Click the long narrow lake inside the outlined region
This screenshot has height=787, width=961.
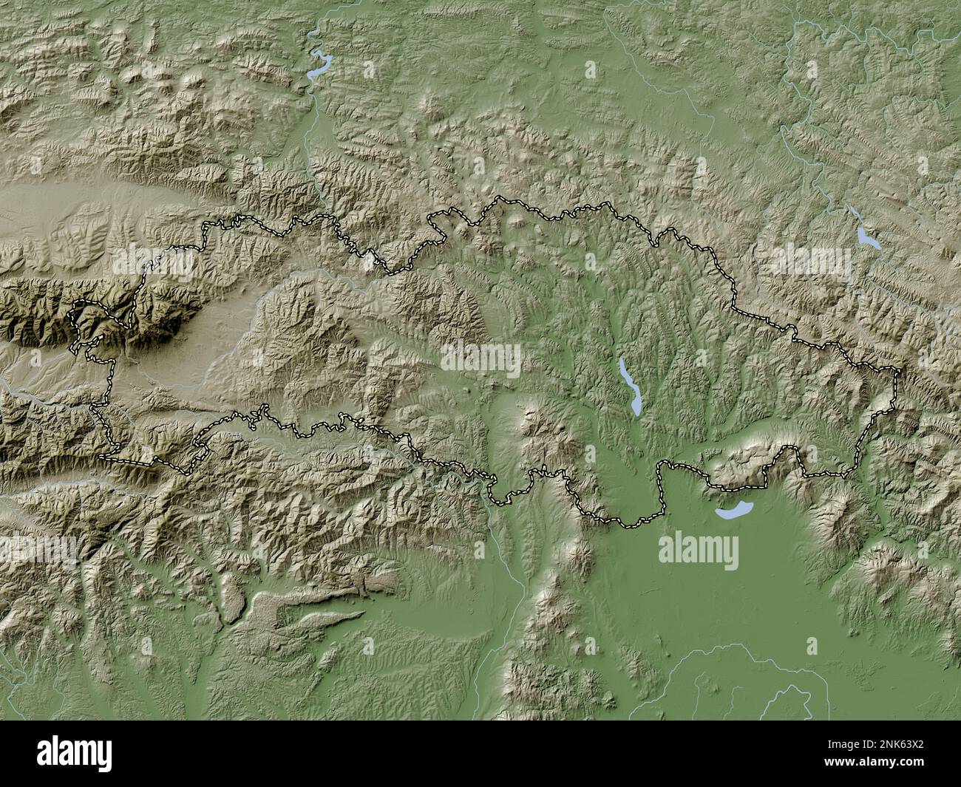pos(630,386)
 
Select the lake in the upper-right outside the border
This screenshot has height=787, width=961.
pos(866,236)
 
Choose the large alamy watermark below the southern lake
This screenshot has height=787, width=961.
pos(698,548)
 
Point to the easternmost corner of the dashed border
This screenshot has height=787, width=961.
pos(899,369)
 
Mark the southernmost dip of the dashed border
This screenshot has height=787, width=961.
pos(628,525)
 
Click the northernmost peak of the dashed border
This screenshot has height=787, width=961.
pos(497,199)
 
